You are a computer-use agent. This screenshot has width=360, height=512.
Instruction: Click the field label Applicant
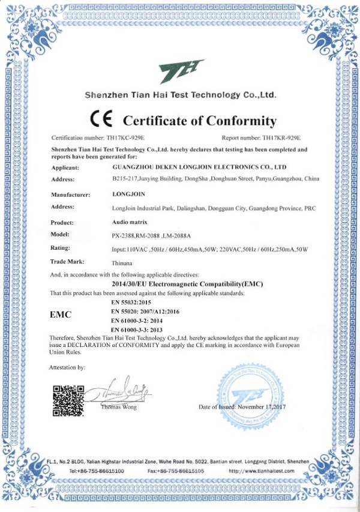65,167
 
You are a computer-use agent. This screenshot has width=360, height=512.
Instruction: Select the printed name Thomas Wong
119,407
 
